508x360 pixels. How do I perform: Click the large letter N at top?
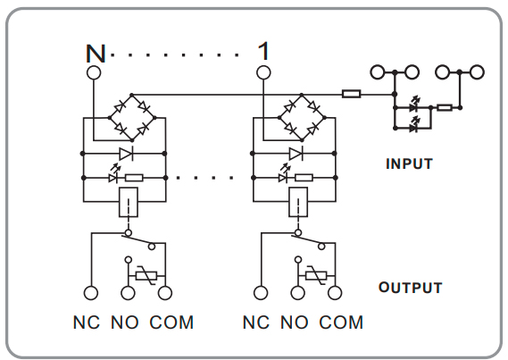[x=96, y=54]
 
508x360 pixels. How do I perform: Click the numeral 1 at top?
[x=263, y=51]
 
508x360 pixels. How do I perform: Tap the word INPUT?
[x=409, y=164]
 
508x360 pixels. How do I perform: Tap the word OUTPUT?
[x=410, y=288]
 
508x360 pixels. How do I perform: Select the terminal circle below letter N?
[x=94, y=72]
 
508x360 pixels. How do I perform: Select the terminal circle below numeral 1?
[x=263, y=72]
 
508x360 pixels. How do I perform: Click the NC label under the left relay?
[x=87, y=322]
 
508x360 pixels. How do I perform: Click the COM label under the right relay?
[x=341, y=322]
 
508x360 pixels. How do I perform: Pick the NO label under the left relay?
[x=125, y=322]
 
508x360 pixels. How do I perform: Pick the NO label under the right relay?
[x=295, y=322]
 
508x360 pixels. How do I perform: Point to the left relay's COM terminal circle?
[x=165, y=293]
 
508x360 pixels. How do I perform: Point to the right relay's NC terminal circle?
[x=261, y=293]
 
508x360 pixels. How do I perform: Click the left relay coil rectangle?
[x=129, y=202]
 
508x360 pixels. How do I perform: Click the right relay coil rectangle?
[x=298, y=202]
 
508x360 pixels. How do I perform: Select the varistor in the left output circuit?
[x=146, y=276]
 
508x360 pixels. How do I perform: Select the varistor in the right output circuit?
[x=316, y=276]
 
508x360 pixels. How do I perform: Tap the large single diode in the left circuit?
[x=126, y=154]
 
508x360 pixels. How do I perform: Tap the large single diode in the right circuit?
[x=296, y=154]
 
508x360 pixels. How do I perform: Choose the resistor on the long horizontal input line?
[x=352, y=94]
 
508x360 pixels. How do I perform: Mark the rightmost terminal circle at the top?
[x=477, y=72]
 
